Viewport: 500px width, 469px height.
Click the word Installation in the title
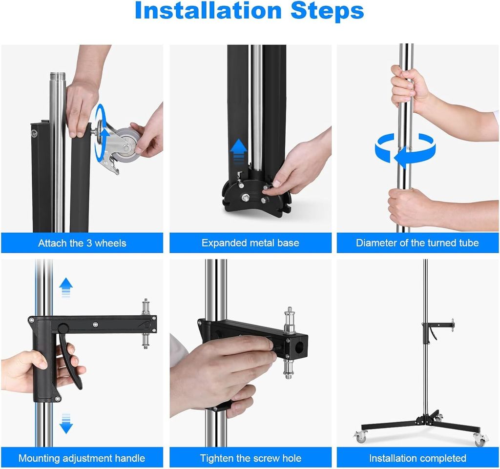click(208, 11)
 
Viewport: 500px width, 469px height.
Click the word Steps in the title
click(327, 11)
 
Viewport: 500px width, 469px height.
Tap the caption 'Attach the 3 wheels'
click(82, 243)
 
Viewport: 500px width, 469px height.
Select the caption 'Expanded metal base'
click(250, 243)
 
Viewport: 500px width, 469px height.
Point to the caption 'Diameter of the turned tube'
click(417, 243)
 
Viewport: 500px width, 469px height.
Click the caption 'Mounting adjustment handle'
click(82, 458)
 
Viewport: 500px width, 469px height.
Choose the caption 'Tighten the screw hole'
click(250, 458)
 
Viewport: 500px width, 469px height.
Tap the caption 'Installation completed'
click(418, 458)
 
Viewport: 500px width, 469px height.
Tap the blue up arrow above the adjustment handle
click(66, 287)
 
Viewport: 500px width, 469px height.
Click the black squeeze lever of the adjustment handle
click(69, 360)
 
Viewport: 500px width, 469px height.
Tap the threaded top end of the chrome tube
click(58, 77)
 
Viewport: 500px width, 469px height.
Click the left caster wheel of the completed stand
click(361, 437)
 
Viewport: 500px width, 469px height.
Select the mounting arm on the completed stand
click(438, 326)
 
